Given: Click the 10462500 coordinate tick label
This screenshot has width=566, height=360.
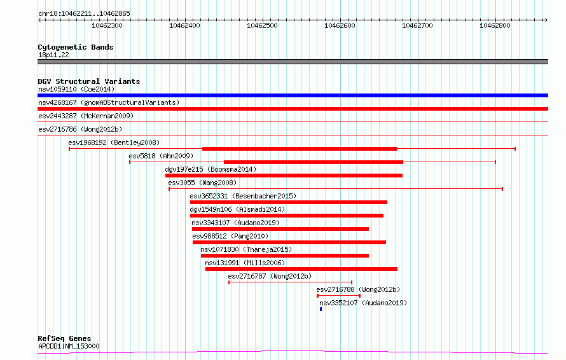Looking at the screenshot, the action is (262, 25).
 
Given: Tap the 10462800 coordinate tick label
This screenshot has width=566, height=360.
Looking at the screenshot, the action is (495, 25).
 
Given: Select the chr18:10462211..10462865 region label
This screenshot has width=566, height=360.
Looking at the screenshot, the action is (84, 14).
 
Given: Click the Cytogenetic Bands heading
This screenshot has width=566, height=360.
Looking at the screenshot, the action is (76, 47).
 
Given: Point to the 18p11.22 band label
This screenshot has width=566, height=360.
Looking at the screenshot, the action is (53, 55).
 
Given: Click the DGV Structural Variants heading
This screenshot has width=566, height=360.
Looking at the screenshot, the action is (89, 81).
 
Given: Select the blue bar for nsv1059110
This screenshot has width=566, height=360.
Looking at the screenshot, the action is (293, 95).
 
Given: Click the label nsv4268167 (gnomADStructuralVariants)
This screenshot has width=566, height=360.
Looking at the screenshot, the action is (109, 102).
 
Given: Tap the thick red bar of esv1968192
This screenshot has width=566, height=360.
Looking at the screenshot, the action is (300, 149).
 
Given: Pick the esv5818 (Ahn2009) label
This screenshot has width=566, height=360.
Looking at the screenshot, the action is (161, 156).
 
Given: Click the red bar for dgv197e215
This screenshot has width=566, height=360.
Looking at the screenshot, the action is (284, 176).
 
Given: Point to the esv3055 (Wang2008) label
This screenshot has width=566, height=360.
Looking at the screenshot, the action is (202, 183).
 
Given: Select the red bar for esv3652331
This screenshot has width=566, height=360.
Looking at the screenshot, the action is (289, 202).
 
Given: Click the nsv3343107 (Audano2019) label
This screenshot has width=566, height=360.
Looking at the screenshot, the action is (235, 223).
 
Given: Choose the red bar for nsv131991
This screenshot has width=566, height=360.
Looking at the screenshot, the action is (301, 269).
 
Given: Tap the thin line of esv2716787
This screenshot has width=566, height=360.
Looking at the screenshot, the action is (291, 282).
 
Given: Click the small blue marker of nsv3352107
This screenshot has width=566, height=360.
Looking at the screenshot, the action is (321, 309).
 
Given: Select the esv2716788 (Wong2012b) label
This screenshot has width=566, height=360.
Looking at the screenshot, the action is (358, 289).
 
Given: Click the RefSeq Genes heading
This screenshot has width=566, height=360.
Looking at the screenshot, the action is (65, 338).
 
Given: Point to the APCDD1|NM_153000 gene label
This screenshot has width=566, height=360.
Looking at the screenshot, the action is (69, 346).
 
